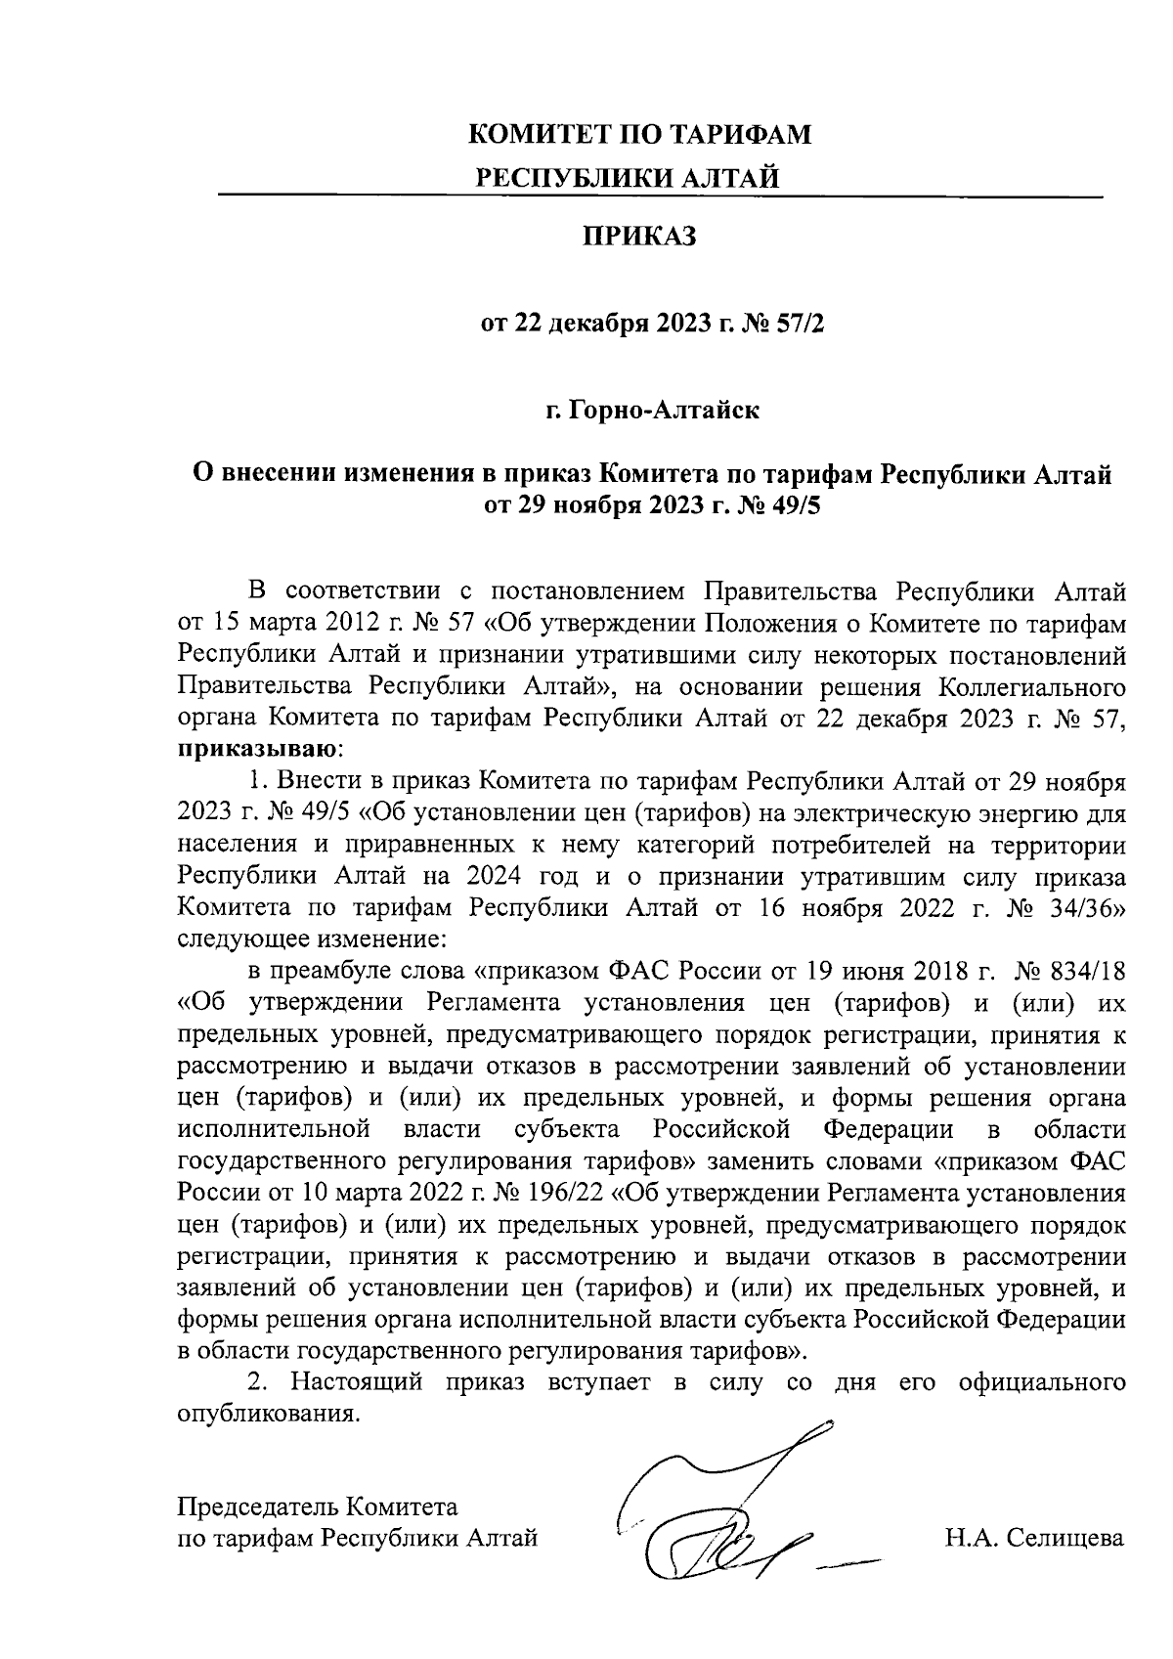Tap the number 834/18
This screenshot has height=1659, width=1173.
click(x=1085, y=972)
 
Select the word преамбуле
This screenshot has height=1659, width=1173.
click(x=330, y=972)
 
